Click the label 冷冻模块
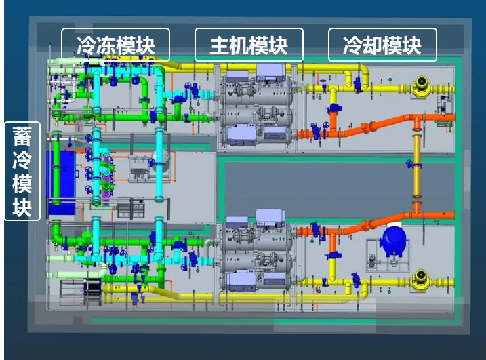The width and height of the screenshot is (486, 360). point(116,45)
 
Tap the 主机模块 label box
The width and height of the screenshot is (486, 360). point(249,45)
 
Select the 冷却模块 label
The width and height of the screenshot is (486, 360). point(382,45)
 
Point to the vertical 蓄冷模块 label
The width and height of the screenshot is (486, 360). point(22,171)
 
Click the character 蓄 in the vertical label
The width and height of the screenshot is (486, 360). point(22,136)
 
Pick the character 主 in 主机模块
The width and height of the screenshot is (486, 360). point(220,45)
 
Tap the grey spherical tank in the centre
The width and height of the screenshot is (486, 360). point(161,161)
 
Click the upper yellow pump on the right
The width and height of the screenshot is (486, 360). point(421,84)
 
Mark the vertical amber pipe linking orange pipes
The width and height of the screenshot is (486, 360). point(417,166)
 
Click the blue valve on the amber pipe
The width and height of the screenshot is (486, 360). point(410,163)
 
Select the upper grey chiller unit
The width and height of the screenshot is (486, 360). point(256,106)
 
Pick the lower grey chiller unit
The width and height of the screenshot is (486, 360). point(256,252)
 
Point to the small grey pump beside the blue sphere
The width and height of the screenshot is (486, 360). point(372,260)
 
